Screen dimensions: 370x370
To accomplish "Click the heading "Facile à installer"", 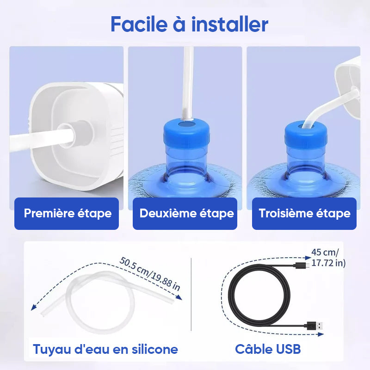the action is tap(189, 24).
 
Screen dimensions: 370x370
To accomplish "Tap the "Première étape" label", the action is tap(68, 213).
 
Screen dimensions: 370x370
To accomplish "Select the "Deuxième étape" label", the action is tap(187, 213).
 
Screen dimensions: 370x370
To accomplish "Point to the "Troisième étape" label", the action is tap(304, 213).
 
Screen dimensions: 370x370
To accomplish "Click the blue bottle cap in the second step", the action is tap(186, 133).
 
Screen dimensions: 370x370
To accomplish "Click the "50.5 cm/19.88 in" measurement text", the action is tap(150, 274).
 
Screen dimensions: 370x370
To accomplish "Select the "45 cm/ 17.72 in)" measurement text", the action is tap(328, 258).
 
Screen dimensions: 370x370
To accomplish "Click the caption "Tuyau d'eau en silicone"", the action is tap(105, 349).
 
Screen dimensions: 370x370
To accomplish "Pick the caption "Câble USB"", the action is tap(268, 349).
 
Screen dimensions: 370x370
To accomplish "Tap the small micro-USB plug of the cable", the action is tap(303, 265).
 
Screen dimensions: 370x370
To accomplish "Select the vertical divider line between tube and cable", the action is tap(191, 295).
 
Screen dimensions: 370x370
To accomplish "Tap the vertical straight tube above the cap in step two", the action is tap(188, 83).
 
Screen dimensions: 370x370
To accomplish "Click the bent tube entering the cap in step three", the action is tap(330, 107).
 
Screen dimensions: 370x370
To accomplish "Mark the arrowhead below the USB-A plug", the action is tap(321, 334).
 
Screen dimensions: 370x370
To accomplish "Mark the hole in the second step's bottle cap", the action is tap(186, 124).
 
